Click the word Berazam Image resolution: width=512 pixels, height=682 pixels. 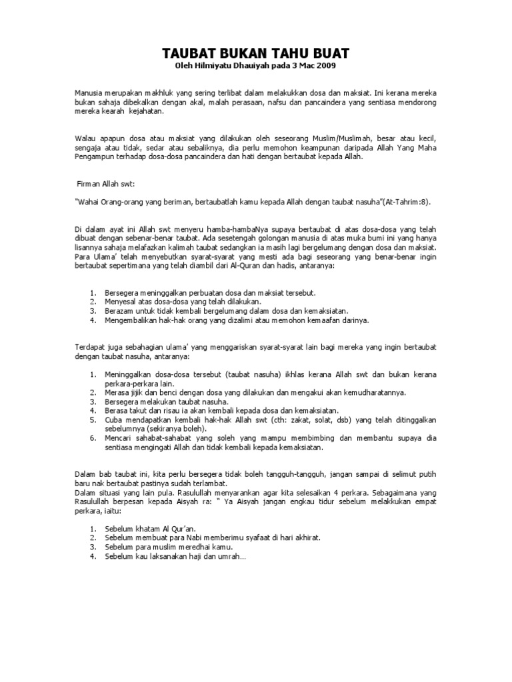click(x=120, y=310)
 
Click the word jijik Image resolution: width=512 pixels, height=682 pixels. click(x=137, y=393)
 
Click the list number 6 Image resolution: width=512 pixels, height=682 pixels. click(x=93, y=439)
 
